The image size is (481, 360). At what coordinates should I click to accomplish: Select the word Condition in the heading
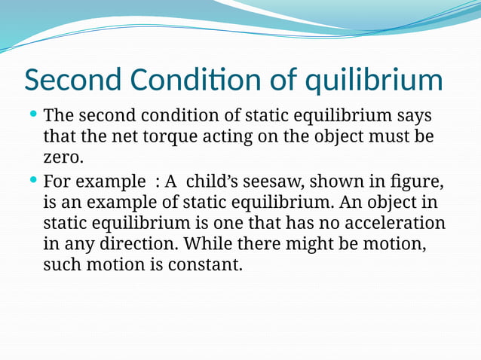[195, 81]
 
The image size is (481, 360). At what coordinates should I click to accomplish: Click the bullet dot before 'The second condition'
[33, 115]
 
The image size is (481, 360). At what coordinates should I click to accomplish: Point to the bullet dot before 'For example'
[33, 181]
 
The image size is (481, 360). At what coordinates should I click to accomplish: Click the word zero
[60, 159]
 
